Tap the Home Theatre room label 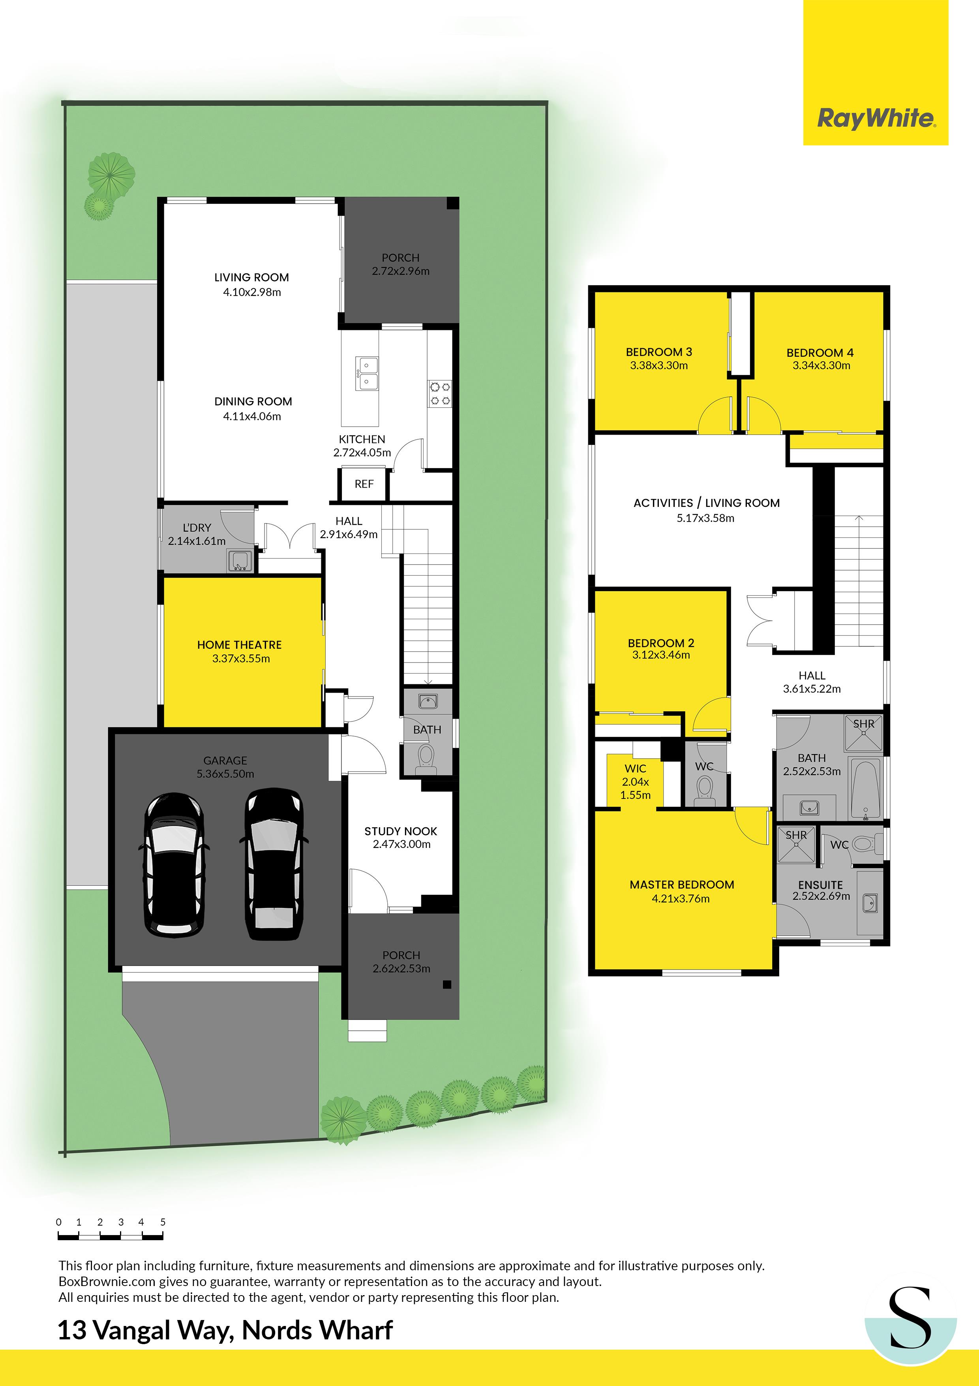coord(240,645)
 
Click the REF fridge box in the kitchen coord(364,484)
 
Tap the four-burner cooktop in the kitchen coord(439,393)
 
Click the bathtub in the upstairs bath coord(866,789)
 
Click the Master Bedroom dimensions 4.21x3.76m coord(681,898)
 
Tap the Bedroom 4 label coord(820,352)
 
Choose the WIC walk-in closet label coord(635,768)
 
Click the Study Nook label coord(401,831)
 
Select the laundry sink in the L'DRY coord(240,561)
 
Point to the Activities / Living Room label coord(706,503)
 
